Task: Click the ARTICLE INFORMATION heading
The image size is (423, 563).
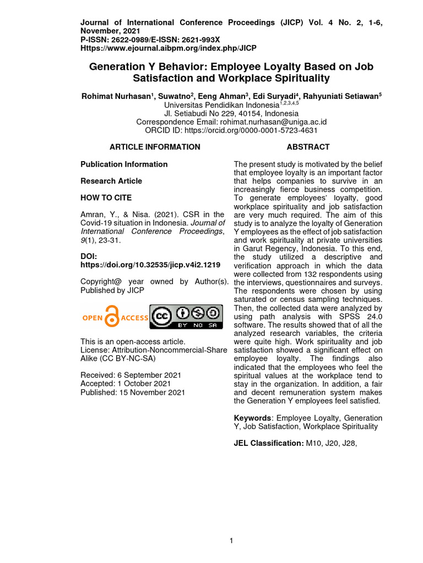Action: pos(155,147)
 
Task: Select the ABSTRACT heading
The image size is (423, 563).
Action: pos(308,147)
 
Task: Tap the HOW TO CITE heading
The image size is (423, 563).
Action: pos(106,197)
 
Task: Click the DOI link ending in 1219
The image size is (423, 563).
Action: pos(150,264)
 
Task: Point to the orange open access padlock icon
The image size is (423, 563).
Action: pos(113,317)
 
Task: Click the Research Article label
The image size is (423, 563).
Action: pos(111,181)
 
